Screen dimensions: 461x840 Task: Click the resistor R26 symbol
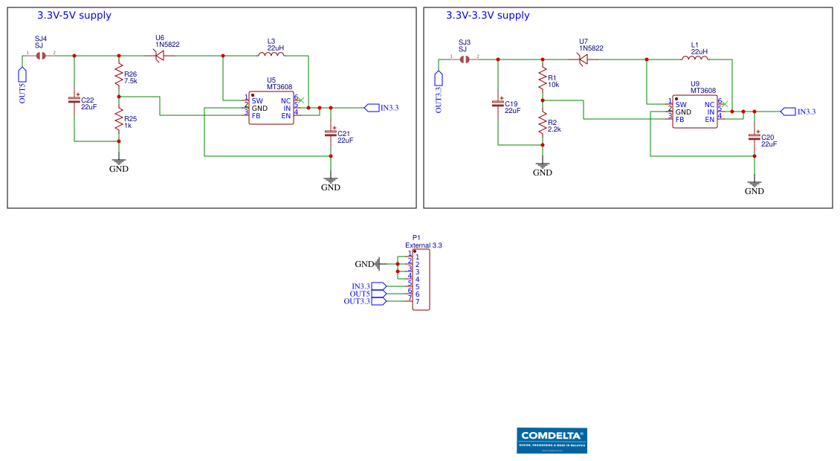click(x=118, y=74)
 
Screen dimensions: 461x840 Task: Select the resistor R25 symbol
click(x=118, y=119)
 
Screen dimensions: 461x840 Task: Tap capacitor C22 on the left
click(x=74, y=100)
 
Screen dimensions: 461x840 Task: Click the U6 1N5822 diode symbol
click(x=159, y=56)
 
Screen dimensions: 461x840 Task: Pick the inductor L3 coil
click(x=271, y=54)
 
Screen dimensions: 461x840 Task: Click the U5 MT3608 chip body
click(x=271, y=109)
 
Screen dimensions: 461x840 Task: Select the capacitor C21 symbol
click(x=331, y=133)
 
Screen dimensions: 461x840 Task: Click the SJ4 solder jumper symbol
click(x=41, y=56)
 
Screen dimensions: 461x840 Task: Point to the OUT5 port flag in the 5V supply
click(x=22, y=75)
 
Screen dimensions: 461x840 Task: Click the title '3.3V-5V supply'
click(x=74, y=16)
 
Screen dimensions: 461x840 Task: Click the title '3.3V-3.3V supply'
click(x=488, y=16)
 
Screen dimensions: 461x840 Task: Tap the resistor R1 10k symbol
click(x=543, y=78)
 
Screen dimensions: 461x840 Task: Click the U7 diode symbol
click(x=583, y=59)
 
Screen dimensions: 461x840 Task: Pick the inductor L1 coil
click(x=694, y=58)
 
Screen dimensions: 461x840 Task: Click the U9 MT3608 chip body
click(x=695, y=112)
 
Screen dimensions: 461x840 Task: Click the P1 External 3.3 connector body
click(x=421, y=280)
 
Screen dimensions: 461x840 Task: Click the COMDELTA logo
click(x=552, y=440)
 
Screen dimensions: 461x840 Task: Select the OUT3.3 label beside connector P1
click(x=357, y=301)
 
